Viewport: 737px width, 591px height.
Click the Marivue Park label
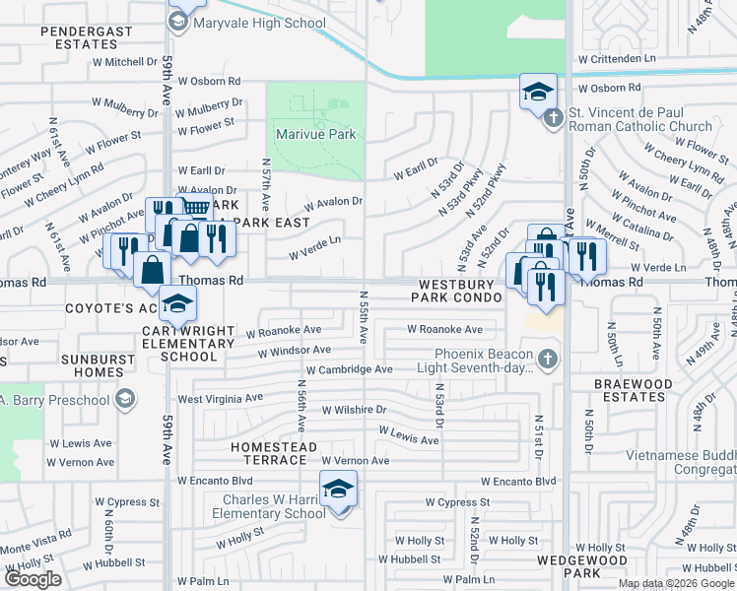point(314,134)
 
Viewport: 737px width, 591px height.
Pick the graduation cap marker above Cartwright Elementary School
point(176,304)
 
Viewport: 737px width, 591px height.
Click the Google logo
point(33,578)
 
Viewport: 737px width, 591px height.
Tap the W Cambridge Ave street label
point(349,369)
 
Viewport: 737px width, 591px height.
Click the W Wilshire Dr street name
point(350,408)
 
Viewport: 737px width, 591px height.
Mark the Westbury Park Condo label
point(457,290)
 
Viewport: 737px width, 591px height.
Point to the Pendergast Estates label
point(86,37)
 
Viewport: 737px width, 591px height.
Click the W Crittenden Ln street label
point(617,59)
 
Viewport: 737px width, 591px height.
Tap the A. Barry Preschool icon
point(125,397)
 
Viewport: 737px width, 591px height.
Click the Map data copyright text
point(675,583)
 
